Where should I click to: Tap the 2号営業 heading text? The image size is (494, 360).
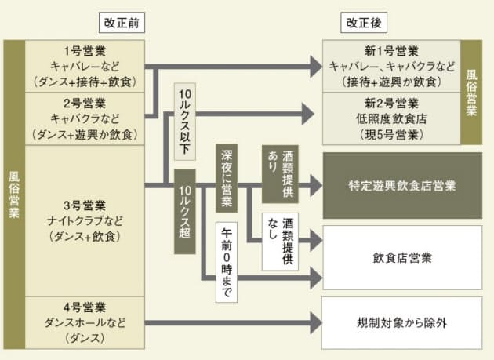click(85, 102)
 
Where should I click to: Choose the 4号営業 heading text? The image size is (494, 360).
click(85, 307)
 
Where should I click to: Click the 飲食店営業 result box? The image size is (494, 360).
click(402, 256)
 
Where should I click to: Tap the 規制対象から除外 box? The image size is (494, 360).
click(402, 322)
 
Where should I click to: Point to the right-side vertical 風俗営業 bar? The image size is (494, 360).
click(471, 92)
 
